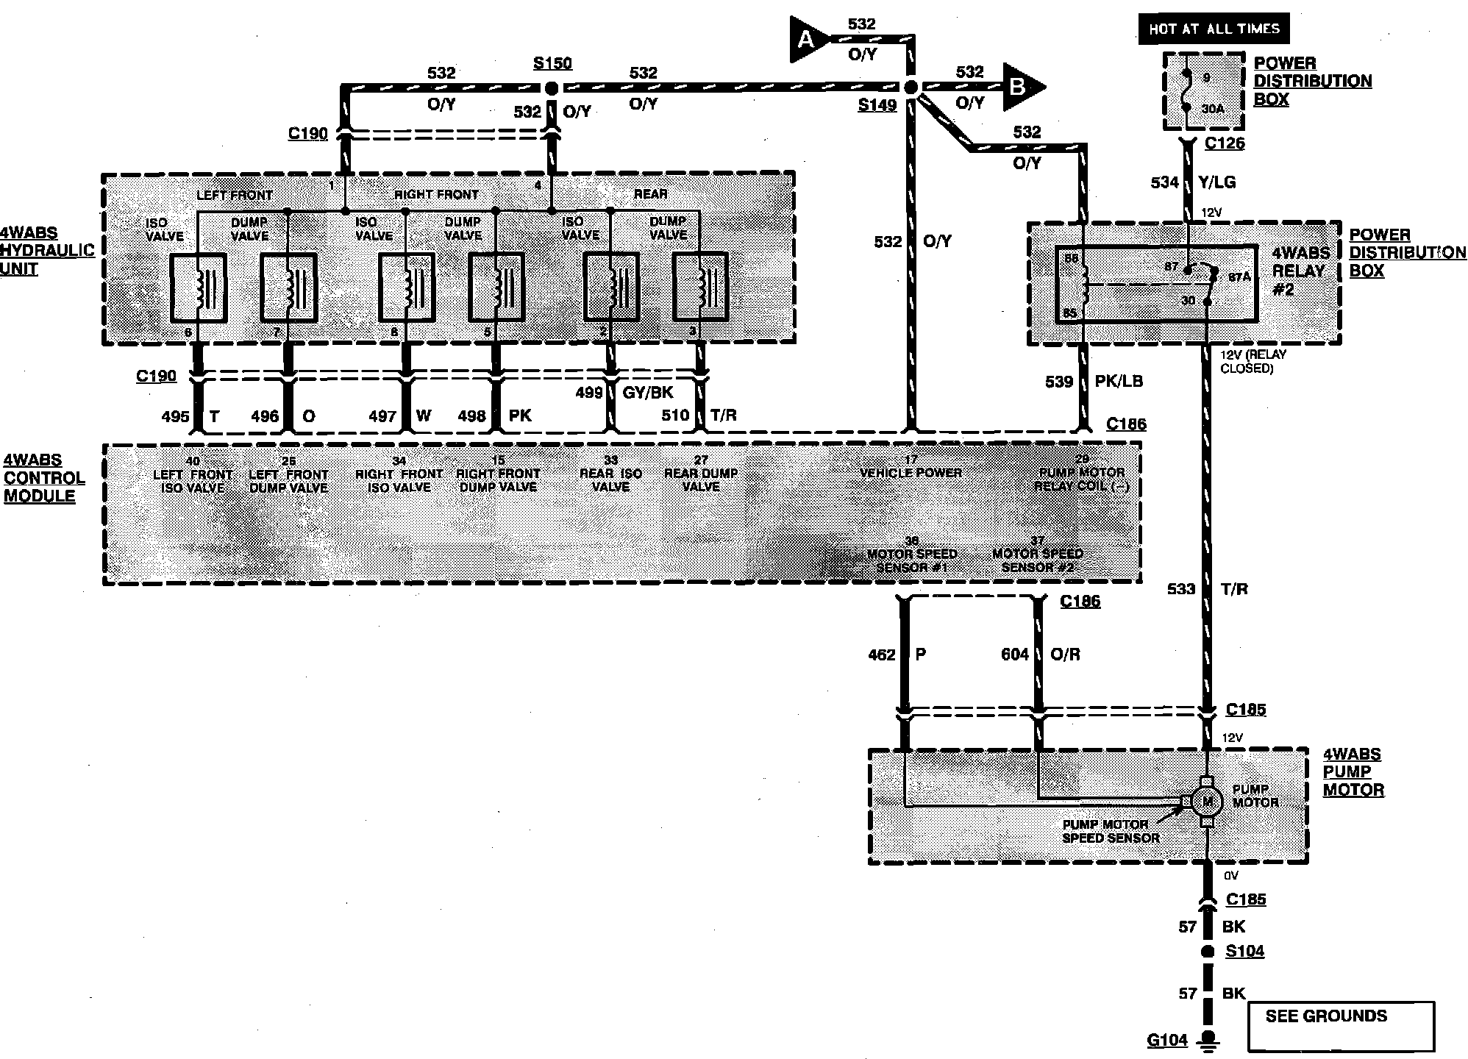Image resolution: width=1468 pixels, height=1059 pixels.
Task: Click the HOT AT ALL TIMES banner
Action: tap(1214, 29)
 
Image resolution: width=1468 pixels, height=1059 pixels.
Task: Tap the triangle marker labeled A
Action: tap(808, 39)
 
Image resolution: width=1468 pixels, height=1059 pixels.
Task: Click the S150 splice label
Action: tap(552, 63)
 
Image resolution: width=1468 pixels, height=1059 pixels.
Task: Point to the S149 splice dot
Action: tap(911, 88)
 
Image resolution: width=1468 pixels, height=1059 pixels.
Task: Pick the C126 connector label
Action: tap(1225, 143)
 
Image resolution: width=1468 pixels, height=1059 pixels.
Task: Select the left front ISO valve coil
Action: tap(198, 288)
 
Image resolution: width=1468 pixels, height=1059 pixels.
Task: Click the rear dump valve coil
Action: tap(700, 287)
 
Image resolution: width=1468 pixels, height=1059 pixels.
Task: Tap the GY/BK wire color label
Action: tap(647, 393)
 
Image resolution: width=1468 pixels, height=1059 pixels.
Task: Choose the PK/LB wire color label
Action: tap(1119, 381)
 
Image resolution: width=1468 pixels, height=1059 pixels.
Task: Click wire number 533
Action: tap(1181, 589)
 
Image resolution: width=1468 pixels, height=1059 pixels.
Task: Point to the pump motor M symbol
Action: tap(1205, 800)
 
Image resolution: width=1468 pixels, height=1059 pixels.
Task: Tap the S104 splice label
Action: tap(1244, 951)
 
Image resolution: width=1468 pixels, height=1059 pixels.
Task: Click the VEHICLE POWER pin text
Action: tap(911, 472)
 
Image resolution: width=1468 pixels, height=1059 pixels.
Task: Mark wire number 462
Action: tap(882, 655)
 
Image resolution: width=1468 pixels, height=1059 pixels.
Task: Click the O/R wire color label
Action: tap(1065, 655)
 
